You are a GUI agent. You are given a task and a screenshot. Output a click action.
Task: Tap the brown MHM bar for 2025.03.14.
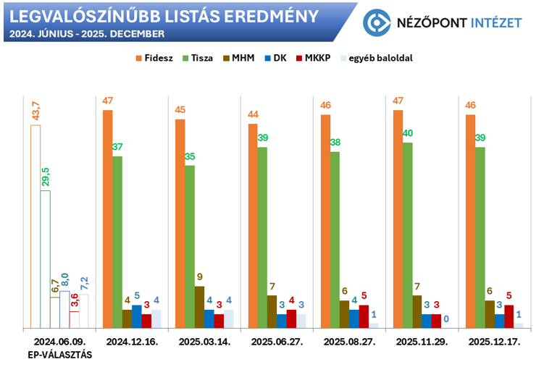click(x=199, y=308)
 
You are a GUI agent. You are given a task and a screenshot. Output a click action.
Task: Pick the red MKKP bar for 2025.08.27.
click(x=364, y=317)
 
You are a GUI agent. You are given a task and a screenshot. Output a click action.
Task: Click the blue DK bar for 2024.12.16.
click(x=137, y=317)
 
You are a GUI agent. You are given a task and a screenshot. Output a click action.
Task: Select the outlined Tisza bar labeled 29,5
click(x=45, y=259)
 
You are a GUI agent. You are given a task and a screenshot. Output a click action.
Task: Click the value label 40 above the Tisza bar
click(x=408, y=133)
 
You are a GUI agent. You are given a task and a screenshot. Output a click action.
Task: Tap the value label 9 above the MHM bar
click(x=200, y=277)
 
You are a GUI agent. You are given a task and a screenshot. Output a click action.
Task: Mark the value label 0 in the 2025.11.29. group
click(x=446, y=319)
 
